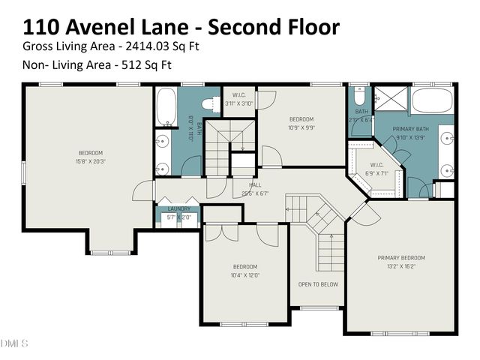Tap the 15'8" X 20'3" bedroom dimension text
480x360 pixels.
[91, 160]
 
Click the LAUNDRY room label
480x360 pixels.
[178, 209]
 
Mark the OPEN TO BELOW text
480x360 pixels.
[318, 284]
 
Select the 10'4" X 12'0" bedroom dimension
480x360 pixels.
[244, 275]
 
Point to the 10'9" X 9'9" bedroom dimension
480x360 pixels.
[301, 127]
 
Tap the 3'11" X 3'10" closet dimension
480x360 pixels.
[239, 103]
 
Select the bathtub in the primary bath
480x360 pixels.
[433, 100]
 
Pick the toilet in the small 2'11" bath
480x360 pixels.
[358, 97]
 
